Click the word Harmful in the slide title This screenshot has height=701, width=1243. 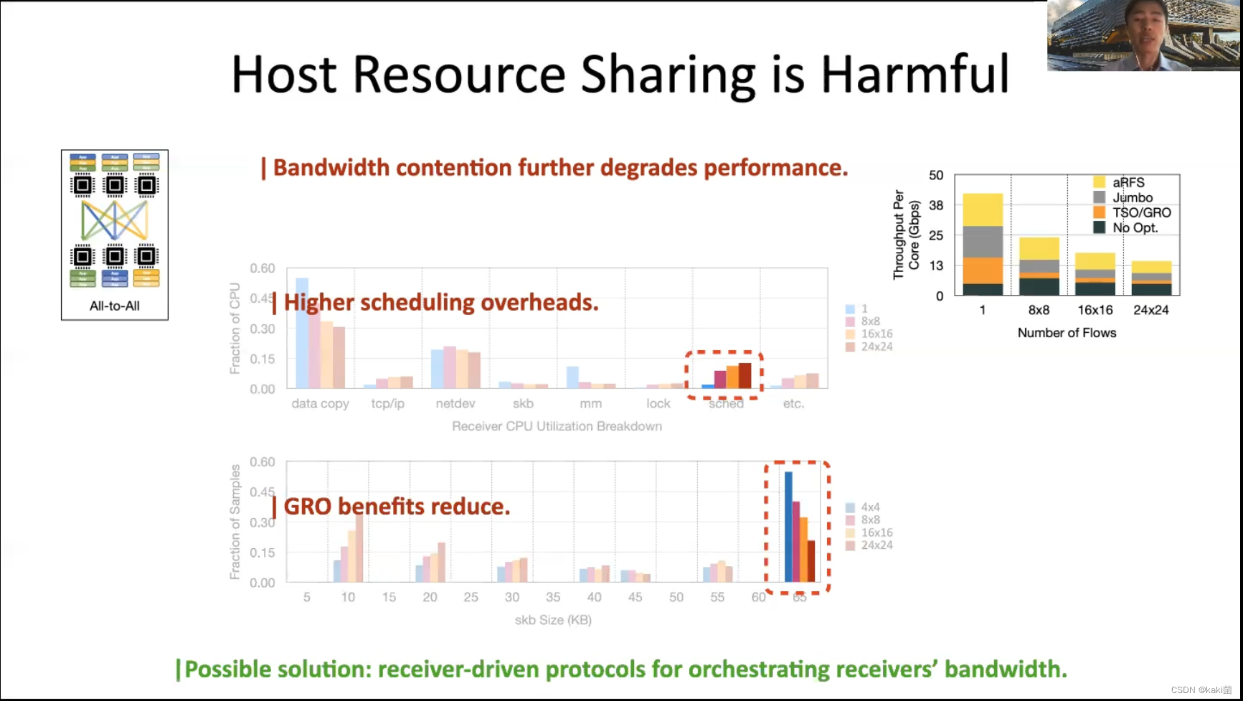[x=914, y=75]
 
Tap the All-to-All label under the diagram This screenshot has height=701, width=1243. [x=115, y=306]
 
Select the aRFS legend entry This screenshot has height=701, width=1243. [x=1128, y=182]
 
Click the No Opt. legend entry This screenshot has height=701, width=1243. [x=1135, y=227]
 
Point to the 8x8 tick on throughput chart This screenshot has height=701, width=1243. [x=1039, y=310]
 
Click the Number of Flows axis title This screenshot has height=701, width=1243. [x=1067, y=333]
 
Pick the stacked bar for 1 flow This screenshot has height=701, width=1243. [x=983, y=244]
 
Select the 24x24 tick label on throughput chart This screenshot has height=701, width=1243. [x=1150, y=310]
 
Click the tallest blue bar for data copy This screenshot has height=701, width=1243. [x=302, y=333]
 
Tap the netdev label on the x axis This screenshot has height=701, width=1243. [x=455, y=404]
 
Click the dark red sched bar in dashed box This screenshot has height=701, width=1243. [x=745, y=375]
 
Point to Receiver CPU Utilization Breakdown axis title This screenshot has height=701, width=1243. [x=557, y=426]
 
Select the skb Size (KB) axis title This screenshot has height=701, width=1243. [x=553, y=620]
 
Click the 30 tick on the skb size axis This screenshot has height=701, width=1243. [x=512, y=597]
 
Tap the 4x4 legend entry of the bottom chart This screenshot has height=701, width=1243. [x=869, y=507]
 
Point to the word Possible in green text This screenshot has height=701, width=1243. [x=227, y=669]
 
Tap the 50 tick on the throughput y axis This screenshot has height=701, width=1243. [x=936, y=176]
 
